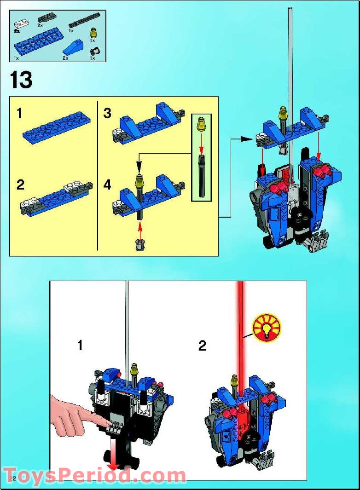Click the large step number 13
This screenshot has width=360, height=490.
(x=21, y=80)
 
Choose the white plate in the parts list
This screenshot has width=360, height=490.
(x=21, y=22)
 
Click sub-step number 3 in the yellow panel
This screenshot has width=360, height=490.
(x=107, y=113)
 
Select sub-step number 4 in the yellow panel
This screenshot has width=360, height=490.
(x=107, y=185)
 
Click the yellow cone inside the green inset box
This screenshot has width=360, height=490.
(x=201, y=123)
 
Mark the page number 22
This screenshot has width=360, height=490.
(x=12, y=479)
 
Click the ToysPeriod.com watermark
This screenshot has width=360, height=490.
(x=94, y=475)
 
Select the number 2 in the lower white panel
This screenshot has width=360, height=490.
(x=202, y=346)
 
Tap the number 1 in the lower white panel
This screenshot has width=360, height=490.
(x=81, y=345)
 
